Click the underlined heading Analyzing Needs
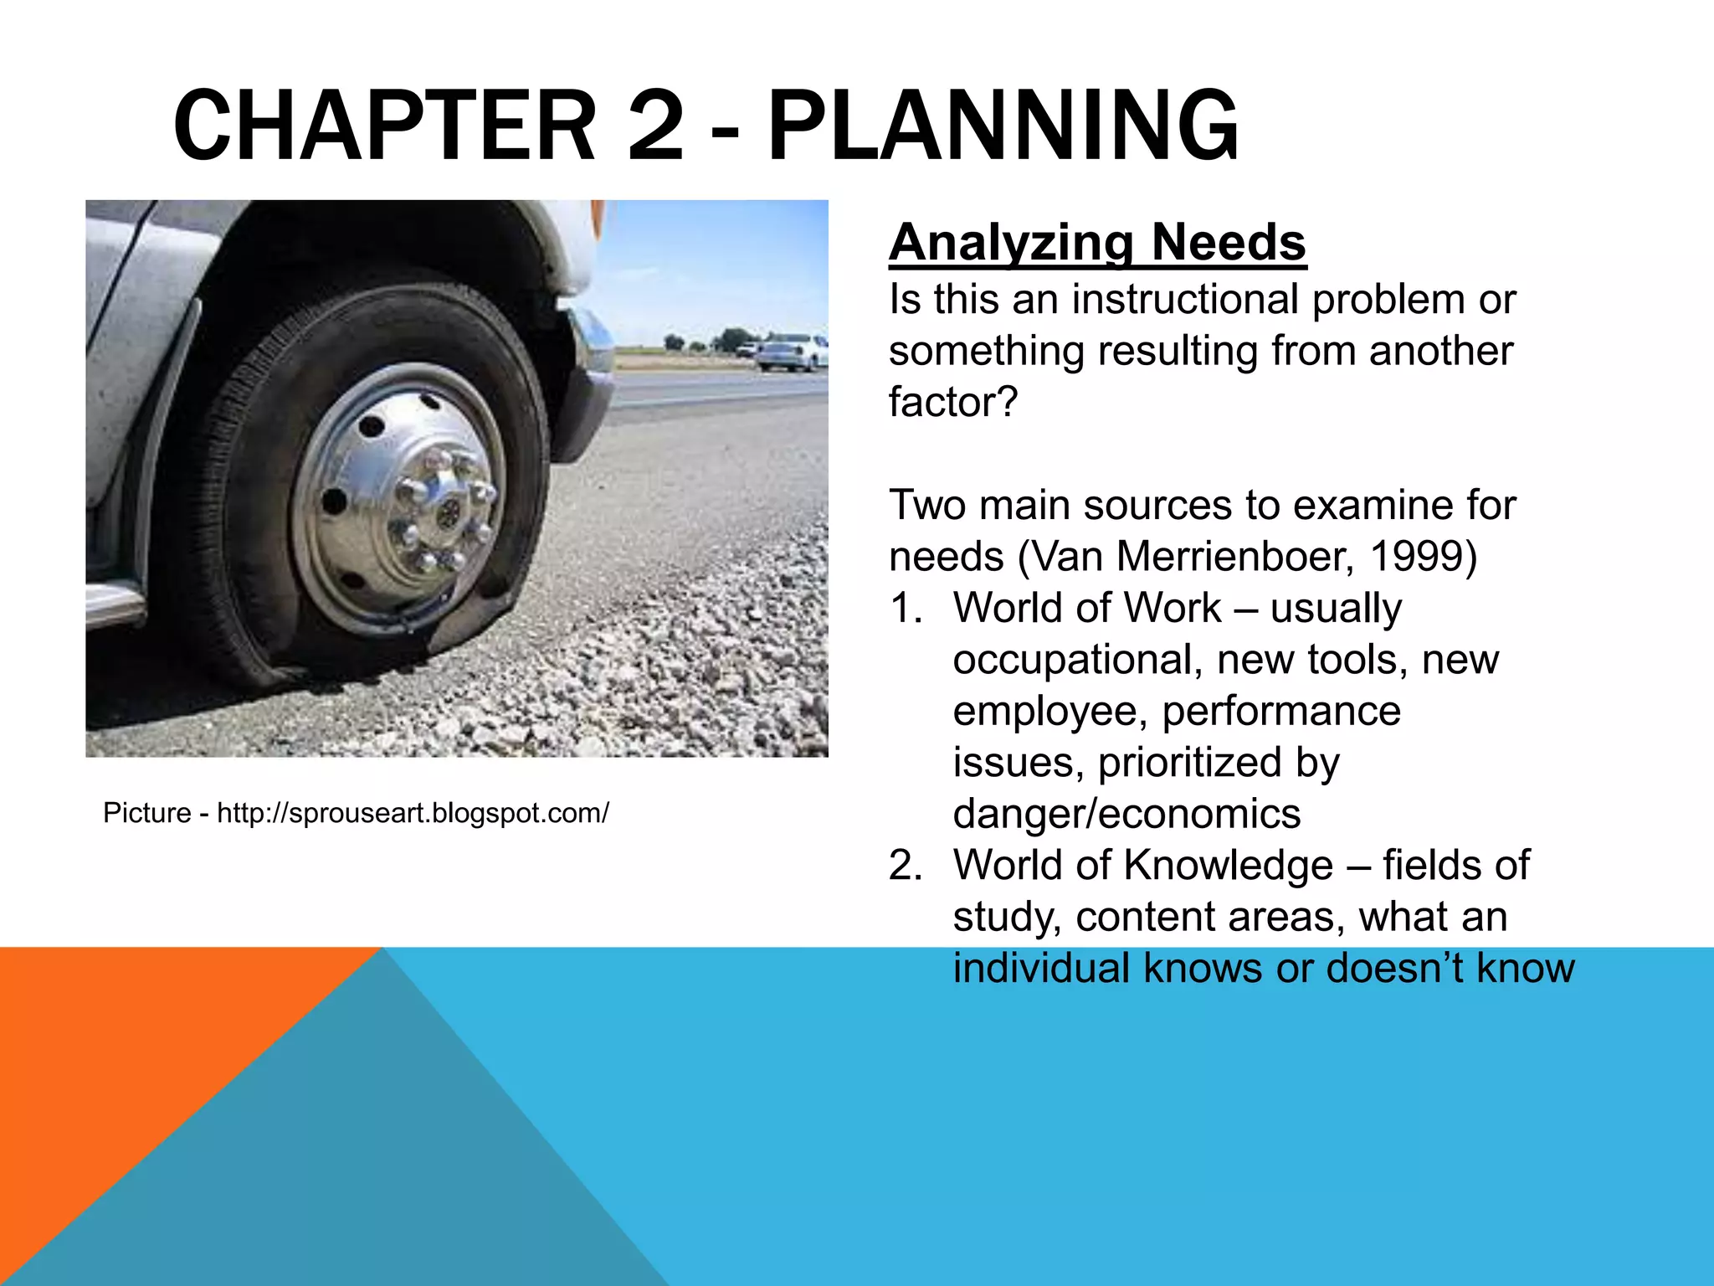coord(1097,243)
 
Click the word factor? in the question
coord(952,402)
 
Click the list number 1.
coord(905,609)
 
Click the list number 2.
coord(905,866)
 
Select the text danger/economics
coord(1126,814)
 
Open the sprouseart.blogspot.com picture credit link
coord(413,813)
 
